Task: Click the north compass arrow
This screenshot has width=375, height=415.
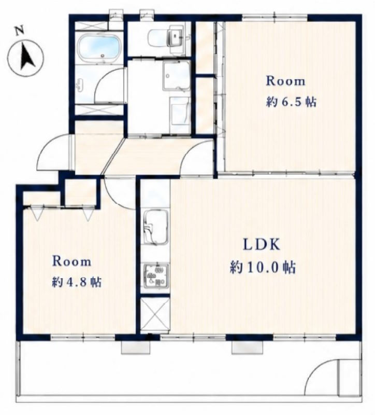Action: click(x=27, y=57)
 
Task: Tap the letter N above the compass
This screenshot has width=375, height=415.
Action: click(x=19, y=31)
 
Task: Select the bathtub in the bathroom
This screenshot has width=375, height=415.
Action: click(x=99, y=47)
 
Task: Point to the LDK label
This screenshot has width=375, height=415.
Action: click(x=262, y=244)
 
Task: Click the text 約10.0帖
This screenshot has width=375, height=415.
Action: click(x=263, y=267)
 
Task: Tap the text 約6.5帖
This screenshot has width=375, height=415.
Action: click(x=291, y=101)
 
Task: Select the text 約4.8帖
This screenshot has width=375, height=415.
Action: click(x=77, y=282)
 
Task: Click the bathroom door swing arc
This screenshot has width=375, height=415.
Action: click(x=108, y=85)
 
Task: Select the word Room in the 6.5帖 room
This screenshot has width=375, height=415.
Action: click(x=285, y=81)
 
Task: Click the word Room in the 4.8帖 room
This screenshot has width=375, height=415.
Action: click(x=72, y=261)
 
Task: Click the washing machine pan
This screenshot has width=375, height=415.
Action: click(x=176, y=76)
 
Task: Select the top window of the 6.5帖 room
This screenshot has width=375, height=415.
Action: click(x=275, y=18)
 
